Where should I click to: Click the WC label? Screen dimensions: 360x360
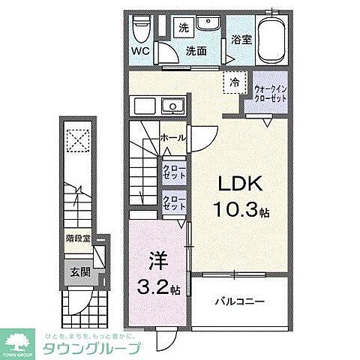[x=140, y=51]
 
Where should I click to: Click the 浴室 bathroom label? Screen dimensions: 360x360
[x=240, y=39]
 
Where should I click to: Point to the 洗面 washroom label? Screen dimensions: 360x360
[x=196, y=51]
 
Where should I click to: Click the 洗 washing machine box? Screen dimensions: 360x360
[x=183, y=28]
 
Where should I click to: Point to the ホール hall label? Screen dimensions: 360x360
[x=172, y=137]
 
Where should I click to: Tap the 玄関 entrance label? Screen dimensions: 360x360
[x=80, y=273]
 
